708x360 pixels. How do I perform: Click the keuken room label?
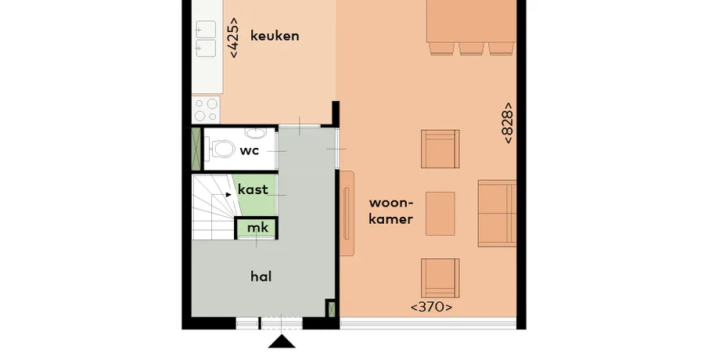[275, 36]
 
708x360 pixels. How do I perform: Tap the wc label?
[250, 150]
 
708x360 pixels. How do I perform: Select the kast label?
[253, 189]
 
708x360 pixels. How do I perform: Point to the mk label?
[258, 227]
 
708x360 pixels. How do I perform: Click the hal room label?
[261, 276]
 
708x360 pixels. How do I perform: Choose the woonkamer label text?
[391, 211]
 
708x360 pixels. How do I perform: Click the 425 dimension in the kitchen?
[233, 38]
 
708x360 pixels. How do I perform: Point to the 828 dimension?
[508, 123]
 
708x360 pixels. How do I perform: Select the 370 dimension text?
[431, 307]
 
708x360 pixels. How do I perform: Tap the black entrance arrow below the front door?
[282, 341]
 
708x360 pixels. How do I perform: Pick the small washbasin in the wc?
[256, 133]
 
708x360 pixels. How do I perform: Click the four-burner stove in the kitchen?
[206, 110]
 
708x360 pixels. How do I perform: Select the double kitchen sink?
[206, 40]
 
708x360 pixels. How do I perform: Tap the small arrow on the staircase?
[228, 195]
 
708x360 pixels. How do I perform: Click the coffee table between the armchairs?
[440, 214]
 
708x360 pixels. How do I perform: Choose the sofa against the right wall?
[497, 213]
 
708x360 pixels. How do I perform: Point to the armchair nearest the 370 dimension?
[440, 279]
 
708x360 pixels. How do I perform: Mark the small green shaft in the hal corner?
[332, 308]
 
